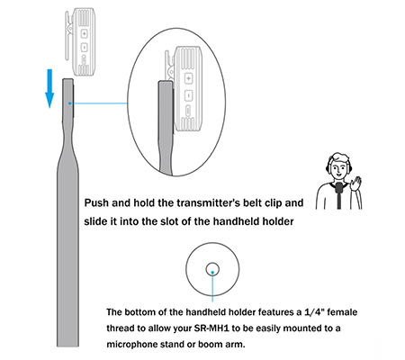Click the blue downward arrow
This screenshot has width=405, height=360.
point(49,88)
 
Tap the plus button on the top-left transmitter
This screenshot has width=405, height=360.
point(84,33)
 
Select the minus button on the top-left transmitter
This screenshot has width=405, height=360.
point(84,47)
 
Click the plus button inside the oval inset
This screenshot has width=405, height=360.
point(188,78)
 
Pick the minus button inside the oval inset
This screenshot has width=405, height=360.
point(188,95)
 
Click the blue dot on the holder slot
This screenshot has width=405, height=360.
point(69,103)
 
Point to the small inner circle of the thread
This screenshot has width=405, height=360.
point(212,269)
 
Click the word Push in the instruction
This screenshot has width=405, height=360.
point(96,202)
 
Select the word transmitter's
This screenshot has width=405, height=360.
point(209,202)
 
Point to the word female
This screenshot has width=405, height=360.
point(342,312)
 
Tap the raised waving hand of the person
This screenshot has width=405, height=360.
point(356,183)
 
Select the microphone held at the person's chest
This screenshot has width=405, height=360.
point(339,187)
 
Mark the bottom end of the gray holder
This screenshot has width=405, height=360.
point(68,346)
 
